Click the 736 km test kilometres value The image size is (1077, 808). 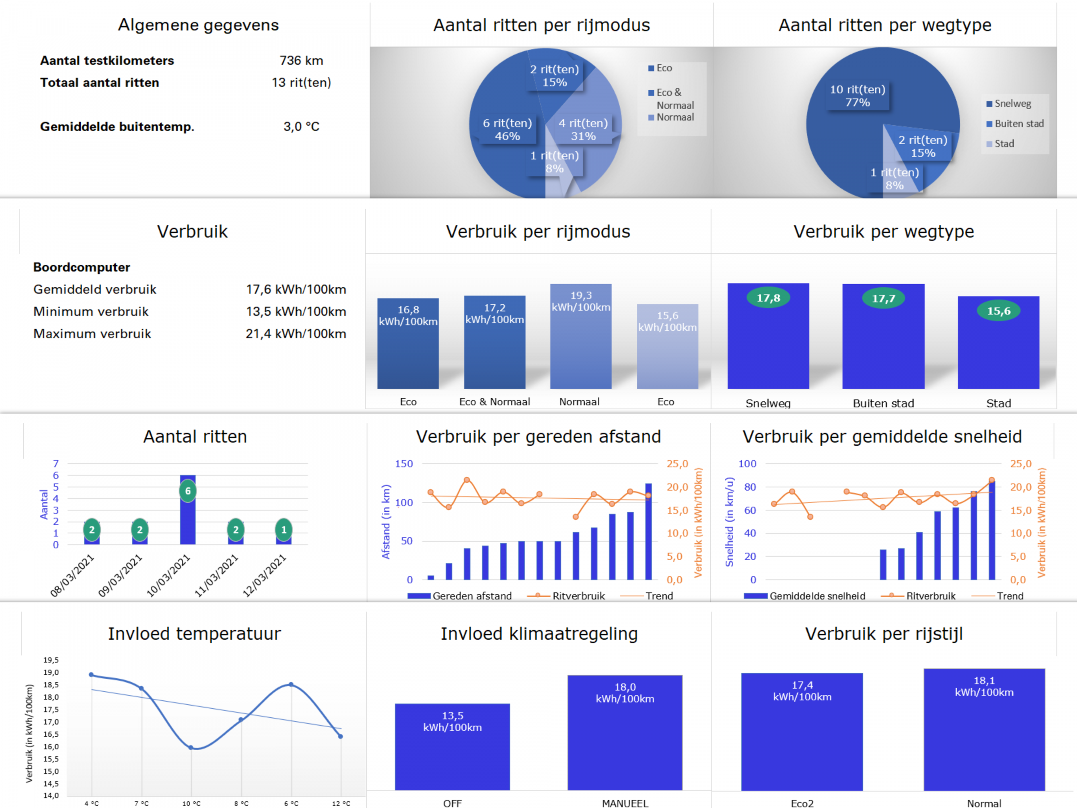click(301, 61)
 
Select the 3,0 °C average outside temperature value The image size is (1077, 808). click(302, 127)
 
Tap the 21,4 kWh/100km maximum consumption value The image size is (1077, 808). click(296, 334)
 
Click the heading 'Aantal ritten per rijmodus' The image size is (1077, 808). click(542, 25)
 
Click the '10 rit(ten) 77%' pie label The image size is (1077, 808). click(858, 96)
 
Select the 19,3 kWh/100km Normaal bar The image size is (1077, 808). click(580, 336)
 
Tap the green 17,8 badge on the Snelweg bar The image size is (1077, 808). click(768, 298)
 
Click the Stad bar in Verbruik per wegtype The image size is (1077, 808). click(998, 343)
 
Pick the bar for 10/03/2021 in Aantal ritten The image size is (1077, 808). click(188, 509)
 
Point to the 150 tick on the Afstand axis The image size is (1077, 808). click(403, 464)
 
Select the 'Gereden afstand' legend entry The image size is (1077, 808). click(460, 596)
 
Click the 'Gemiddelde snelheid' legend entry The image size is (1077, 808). click(804, 596)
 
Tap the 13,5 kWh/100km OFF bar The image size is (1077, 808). click(452, 747)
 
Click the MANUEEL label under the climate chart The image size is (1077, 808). click(625, 803)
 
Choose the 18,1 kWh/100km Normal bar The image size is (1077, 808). click(984, 729)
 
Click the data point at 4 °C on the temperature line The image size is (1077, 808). click(92, 675)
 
